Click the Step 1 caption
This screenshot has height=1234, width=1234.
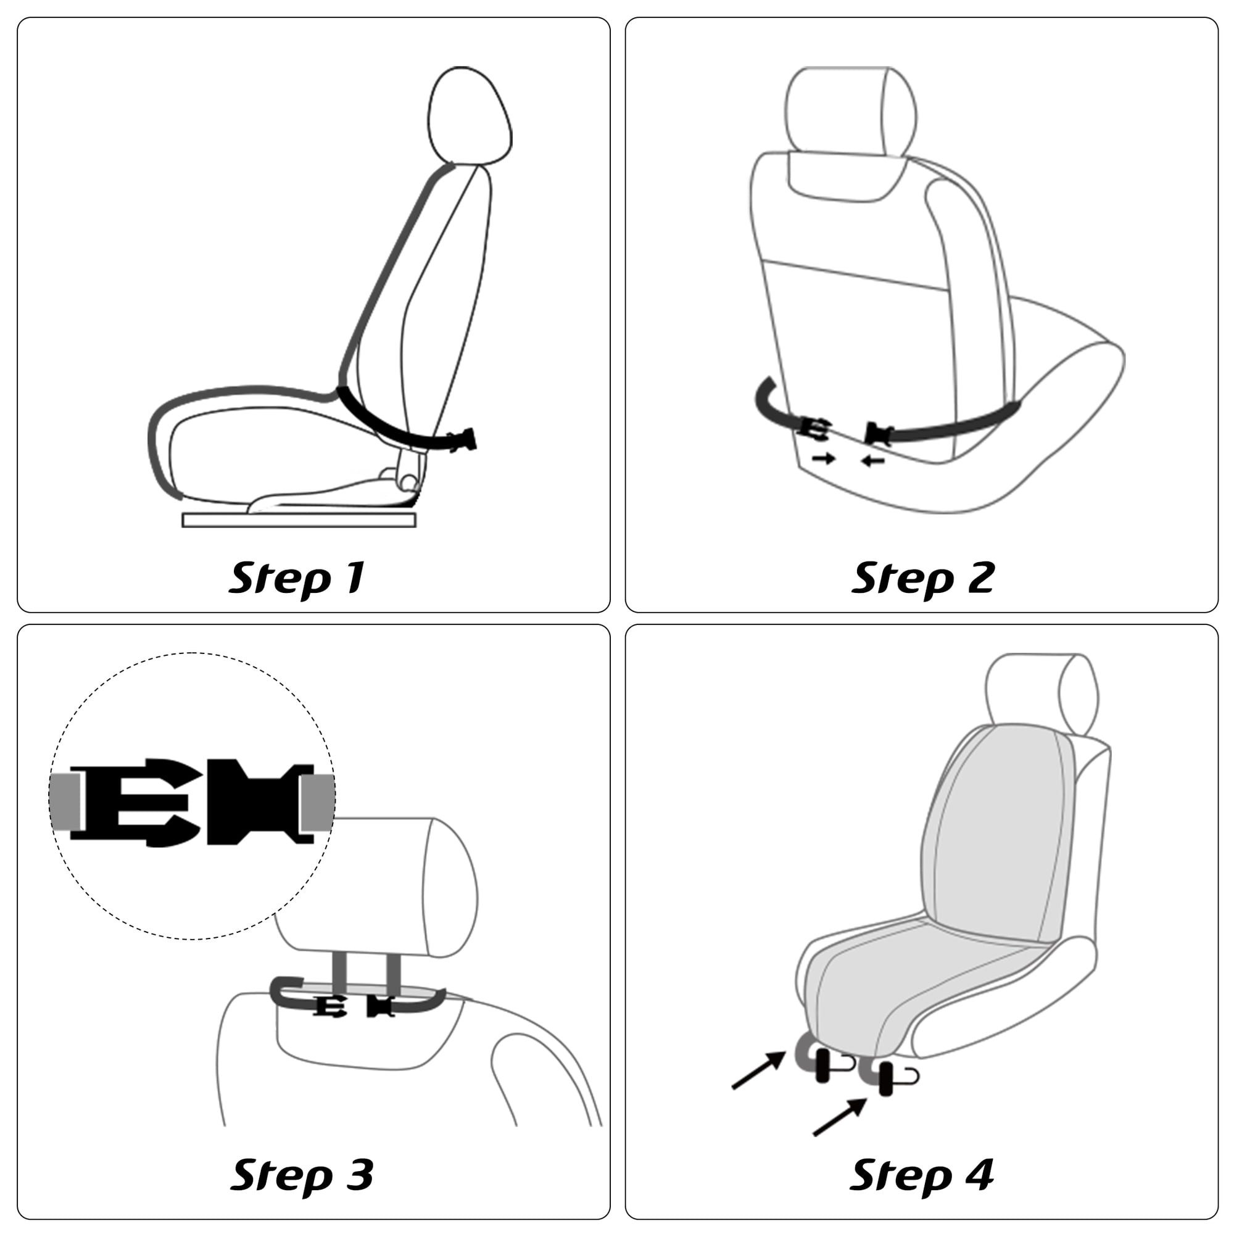pyautogui.click(x=297, y=578)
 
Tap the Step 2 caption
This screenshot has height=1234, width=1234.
pyautogui.click(x=923, y=578)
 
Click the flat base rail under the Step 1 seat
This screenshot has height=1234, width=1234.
pyautogui.click(x=299, y=520)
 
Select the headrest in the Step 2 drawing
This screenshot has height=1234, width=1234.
pyautogui.click(x=850, y=112)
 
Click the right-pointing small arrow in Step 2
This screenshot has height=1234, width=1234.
pyautogui.click(x=824, y=457)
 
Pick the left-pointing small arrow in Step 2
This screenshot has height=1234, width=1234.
pyautogui.click(x=872, y=460)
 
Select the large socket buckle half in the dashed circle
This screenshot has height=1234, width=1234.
pyautogui.click(x=260, y=801)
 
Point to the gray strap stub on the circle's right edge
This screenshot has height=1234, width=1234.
pyautogui.click(x=319, y=803)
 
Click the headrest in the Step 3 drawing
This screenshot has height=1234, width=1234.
pyautogui.click(x=377, y=887)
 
